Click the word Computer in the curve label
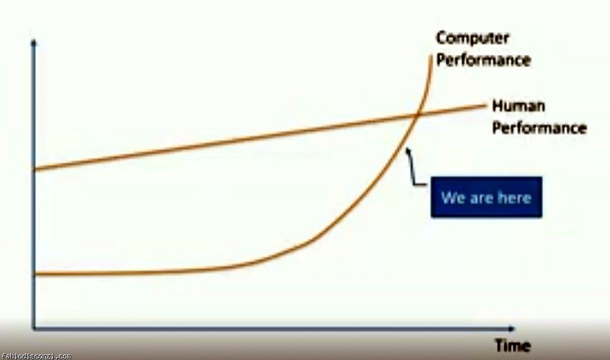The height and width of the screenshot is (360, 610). point(472,39)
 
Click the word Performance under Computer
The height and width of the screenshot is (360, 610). point(483,60)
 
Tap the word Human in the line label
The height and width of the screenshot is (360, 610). point(518,106)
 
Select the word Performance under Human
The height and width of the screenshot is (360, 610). point(540,128)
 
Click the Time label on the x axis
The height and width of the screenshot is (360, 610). point(513,346)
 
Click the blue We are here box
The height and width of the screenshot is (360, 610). point(486,197)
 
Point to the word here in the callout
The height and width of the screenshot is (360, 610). point(514,198)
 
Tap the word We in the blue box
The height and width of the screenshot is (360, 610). point(453,198)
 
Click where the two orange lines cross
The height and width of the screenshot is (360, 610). point(416,115)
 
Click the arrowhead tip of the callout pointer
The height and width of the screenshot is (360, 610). point(407,148)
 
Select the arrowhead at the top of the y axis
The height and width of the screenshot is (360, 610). point(34,41)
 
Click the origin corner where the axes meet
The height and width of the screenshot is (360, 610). point(34,329)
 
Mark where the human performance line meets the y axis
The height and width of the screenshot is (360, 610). point(35,169)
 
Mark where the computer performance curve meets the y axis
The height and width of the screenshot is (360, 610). point(35,274)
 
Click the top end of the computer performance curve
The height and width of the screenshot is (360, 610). point(431,56)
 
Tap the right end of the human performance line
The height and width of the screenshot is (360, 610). point(485,104)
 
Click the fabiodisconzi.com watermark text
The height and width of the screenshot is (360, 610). point(36,356)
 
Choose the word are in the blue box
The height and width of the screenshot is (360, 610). point(481,199)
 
